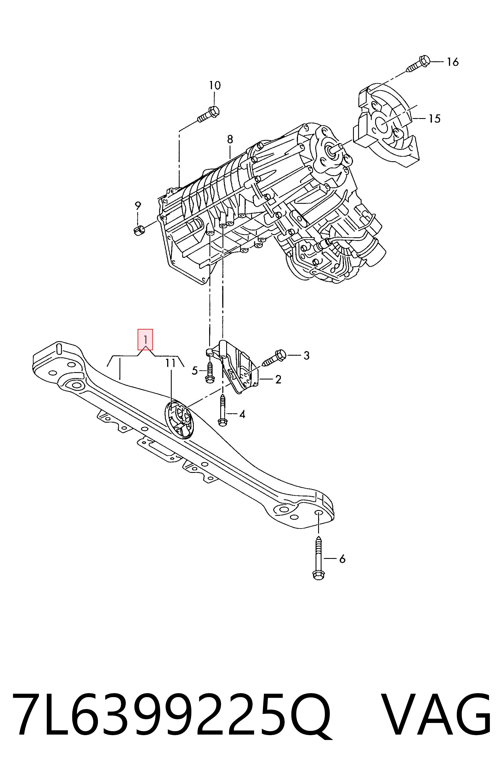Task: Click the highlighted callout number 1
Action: [145, 339]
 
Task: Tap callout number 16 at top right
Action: [453, 62]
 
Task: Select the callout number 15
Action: [435, 118]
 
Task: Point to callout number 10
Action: [215, 85]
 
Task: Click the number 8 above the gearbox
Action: [230, 139]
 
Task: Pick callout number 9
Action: [138, 206]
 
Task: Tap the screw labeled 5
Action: [209, 371]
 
